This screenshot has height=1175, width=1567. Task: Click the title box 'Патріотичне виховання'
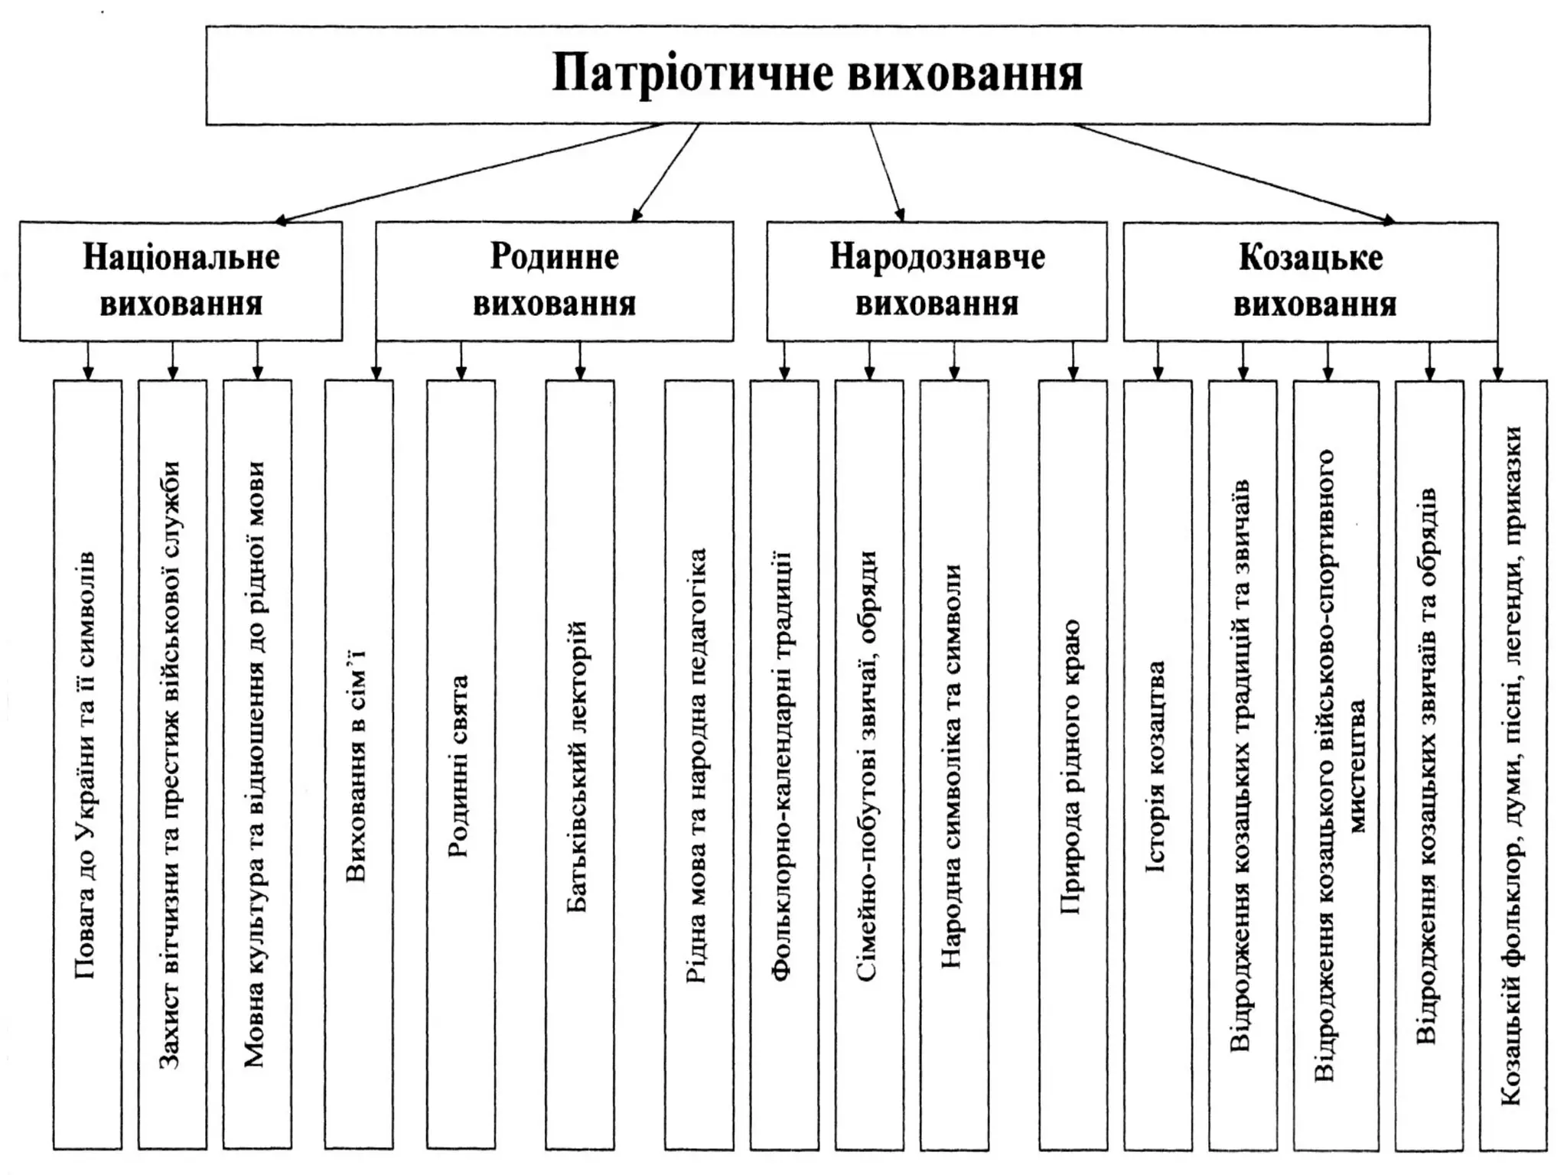(x=817, y=75)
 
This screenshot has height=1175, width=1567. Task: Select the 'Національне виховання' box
(x=181, y=281)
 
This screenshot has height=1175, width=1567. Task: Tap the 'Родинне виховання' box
(x=554, y=281)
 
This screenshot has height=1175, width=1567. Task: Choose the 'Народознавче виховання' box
(x=937, y=281)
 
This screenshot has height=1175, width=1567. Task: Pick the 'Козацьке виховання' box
(x=1310, y=281)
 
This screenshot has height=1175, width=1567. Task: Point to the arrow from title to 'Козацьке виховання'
(x=1232, y=173)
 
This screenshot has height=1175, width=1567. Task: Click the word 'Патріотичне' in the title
(x=678, y=75)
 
